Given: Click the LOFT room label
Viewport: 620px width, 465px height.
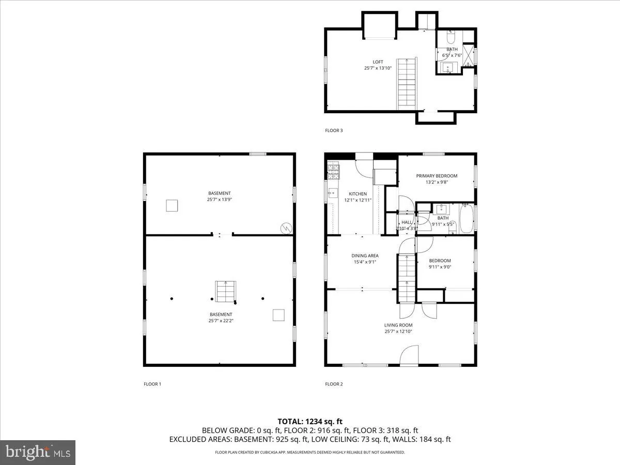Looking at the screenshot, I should point(378,62).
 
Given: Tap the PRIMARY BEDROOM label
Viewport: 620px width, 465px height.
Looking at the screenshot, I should point(437,176).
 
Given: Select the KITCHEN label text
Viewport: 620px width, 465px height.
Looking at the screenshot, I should point(358,194).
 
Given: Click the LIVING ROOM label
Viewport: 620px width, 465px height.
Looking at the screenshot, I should point(398,325).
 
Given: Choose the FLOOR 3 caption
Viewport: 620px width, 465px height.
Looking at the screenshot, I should point(334,131).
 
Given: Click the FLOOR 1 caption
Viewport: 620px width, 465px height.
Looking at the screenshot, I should point(152,384).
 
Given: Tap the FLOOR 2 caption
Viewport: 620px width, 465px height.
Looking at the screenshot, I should point(334,384).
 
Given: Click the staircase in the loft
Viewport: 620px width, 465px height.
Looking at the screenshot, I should point(406,84).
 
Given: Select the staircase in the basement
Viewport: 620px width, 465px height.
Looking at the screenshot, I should point(224,291).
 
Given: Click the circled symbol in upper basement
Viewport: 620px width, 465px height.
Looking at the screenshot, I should point(285,227).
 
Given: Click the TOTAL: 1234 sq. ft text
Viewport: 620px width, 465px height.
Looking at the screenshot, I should point(310,421).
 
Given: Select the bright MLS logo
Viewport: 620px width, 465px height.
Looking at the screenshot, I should point(38,452).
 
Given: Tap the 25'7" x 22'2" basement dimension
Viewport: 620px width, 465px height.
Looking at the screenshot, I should point(221,321).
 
